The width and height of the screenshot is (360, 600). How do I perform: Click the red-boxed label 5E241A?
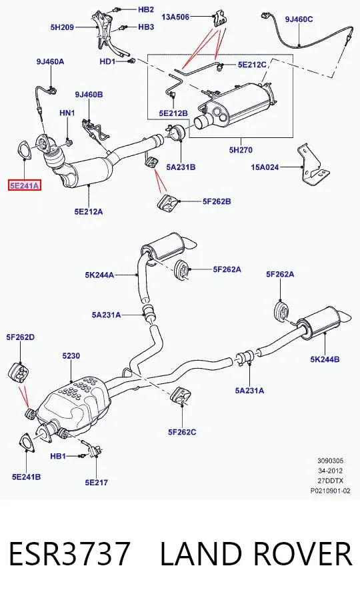[25, 186]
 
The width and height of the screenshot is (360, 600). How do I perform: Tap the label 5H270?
[241, 149]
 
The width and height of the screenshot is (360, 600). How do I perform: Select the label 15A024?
[265, 167]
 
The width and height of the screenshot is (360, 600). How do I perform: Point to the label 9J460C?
[299, 19]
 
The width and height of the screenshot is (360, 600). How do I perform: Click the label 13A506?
[175, 17]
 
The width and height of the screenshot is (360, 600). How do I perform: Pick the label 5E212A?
[89, 211]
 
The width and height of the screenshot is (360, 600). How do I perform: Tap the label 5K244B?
[325, 359]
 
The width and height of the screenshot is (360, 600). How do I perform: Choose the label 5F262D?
[20, 337]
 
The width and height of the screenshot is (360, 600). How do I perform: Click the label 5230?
[71, 356]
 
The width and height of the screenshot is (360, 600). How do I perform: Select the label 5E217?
[97, 483]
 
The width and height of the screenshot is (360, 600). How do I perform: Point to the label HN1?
[67, 113]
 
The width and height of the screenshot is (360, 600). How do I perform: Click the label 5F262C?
[182, 432]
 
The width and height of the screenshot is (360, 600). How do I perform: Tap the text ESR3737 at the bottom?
[69, 553]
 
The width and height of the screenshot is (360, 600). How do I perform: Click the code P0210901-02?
[330, 491]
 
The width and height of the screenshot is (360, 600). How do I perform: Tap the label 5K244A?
[99, 275]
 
